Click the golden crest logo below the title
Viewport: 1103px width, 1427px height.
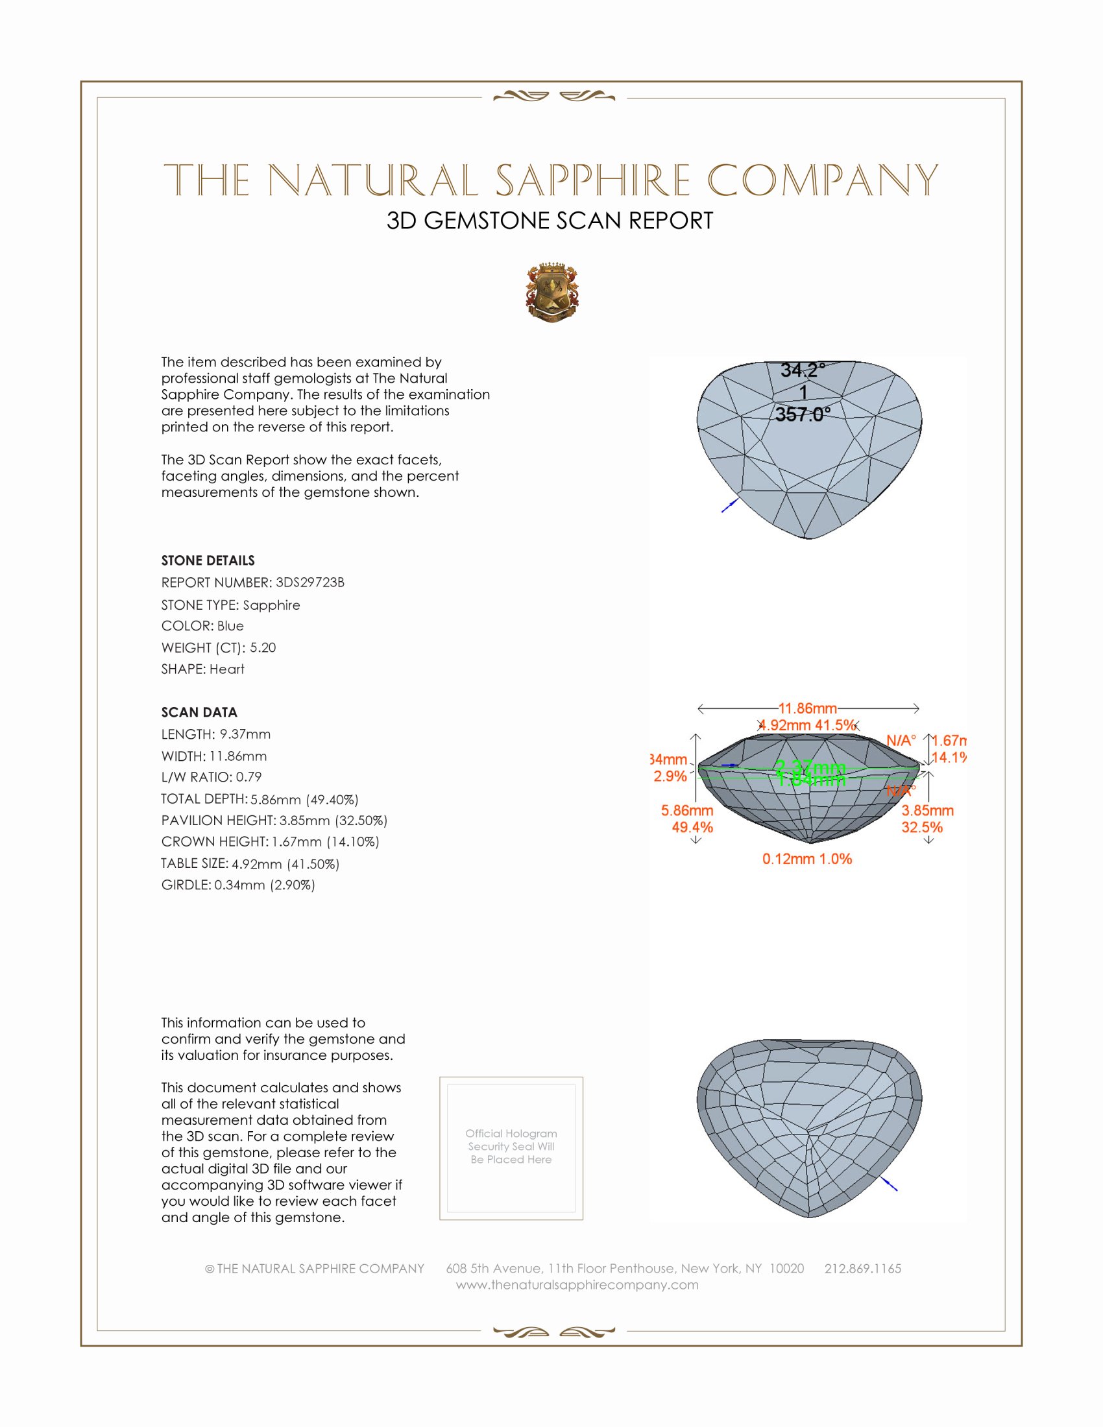552,292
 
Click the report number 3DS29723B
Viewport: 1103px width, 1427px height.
309,582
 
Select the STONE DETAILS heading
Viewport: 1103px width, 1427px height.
208,560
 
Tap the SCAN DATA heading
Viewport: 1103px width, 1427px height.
199,712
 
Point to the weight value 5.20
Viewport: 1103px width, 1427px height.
263,647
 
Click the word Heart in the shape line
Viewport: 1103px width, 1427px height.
226,669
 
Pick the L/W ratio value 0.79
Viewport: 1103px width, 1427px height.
248,777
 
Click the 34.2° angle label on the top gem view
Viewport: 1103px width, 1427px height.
803,370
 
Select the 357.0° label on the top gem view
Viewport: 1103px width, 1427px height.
803,414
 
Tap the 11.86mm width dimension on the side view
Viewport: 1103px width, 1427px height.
808,708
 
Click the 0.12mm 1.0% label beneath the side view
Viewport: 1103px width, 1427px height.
807,859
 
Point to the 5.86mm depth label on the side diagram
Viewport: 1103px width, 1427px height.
686,811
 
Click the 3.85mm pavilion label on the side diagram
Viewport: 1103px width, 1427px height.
927,811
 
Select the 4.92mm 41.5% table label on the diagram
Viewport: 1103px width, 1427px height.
808,725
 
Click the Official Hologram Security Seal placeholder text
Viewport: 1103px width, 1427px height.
511,1146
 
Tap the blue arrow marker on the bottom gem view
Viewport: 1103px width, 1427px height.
890,1183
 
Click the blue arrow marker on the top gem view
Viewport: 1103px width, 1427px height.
730,505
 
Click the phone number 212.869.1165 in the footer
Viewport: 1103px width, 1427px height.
862,1268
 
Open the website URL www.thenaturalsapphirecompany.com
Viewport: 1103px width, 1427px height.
577,1284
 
